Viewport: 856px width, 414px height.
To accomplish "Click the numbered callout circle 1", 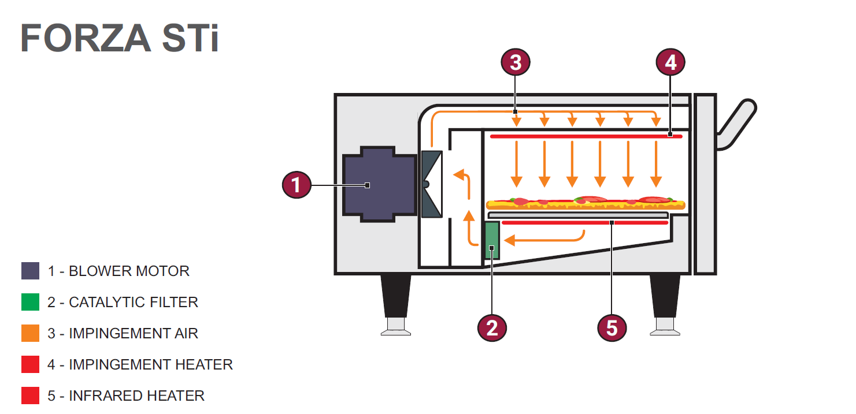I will [x=297, y=185].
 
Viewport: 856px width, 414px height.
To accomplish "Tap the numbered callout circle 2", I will [x=492, y=327].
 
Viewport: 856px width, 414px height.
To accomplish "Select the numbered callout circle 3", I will [x=516, y=62].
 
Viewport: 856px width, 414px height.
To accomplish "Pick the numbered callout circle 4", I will [x=670, y=62].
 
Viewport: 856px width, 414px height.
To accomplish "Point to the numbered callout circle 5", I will [x=612, y=327].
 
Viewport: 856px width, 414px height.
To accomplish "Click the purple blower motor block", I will [x=379, y=185].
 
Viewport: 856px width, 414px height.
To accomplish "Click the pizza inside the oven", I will [x=586, y=203].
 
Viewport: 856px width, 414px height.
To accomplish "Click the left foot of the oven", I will [x=395, y=303].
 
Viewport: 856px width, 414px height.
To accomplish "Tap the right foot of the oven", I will [x=665, y=303].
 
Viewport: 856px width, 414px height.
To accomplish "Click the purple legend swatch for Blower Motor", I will [x=30, y=271].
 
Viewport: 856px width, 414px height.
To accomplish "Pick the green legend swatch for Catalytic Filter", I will [x=30, y=302].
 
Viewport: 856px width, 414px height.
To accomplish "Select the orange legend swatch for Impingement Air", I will [x=30, y=333].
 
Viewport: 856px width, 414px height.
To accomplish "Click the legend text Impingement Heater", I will [x=150, y=364].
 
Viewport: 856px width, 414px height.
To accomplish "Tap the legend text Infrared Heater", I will [x=136, y=396].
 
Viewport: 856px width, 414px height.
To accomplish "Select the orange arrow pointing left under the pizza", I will [x=543, y=238].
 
